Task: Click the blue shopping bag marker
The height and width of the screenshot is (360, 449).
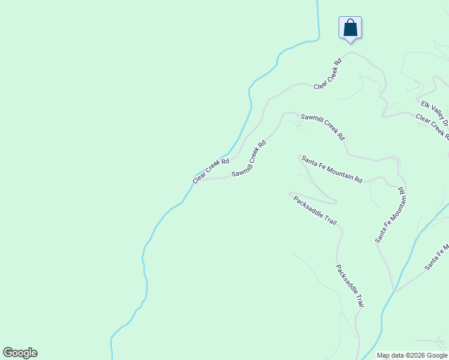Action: click(x=350, y=28)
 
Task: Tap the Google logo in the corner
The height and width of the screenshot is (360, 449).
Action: click(x=20, y=353)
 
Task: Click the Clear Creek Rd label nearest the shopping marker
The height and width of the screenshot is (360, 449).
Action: click(x=328, y=74)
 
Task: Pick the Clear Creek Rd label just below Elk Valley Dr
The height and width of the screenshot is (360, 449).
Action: click(x=432, y=127)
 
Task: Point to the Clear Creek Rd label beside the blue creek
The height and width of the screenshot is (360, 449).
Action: click(x=211, y=171)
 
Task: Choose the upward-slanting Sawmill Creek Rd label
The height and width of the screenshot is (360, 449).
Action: click(x=249, y=159)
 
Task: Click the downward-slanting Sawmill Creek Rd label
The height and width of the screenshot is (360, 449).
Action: click(x=323, y=127)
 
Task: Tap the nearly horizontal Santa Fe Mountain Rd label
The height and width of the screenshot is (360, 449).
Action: click(x=332, y=169)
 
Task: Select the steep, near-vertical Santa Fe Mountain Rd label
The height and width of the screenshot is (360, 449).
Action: click(x=391, y=215)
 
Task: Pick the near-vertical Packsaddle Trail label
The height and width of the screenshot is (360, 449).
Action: click(x=350, y=286)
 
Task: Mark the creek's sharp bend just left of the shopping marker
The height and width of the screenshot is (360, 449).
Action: click(x=317, y=40)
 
